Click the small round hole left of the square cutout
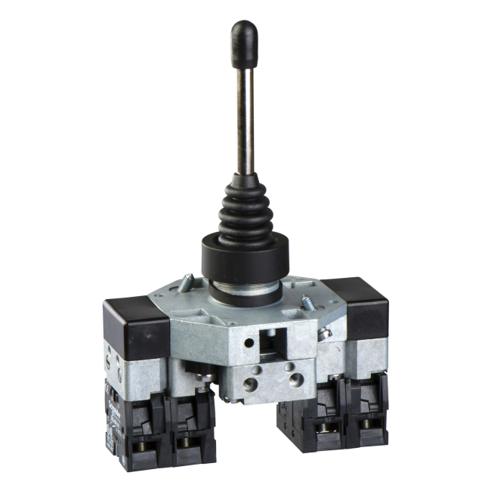pos(249,342)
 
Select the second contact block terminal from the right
pos(323,432)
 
